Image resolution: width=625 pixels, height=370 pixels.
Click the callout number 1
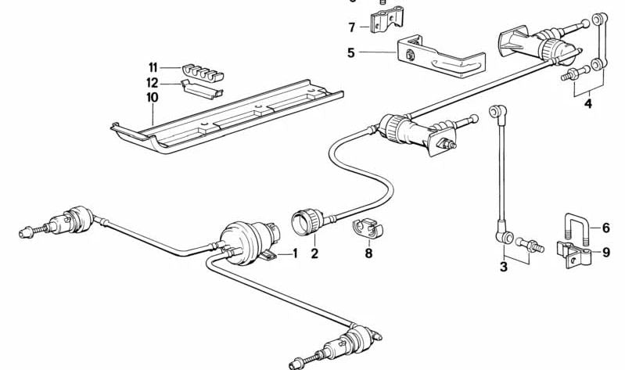(x=295, y=253)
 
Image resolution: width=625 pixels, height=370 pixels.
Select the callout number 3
(x=504, y=268)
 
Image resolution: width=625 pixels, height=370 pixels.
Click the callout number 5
(x=352, y=53)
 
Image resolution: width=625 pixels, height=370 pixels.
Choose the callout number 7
(x=352, y=27)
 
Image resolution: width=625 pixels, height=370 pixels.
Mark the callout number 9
(x=605, y=251)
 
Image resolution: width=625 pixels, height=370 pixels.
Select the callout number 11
(x=153, y=68)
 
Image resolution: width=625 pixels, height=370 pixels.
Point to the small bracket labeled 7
(x=383, y=23)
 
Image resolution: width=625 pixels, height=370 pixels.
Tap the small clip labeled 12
(x=202, y=88)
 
